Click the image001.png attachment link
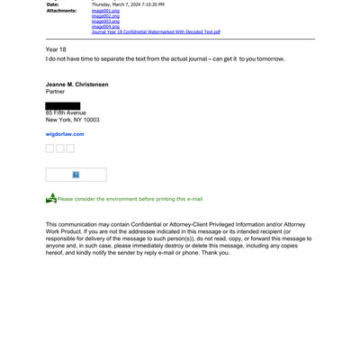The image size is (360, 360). point(103,11)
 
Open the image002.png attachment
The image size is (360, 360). point(103,16)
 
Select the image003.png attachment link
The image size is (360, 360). point(103,22)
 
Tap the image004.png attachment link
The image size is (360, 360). point(103,27)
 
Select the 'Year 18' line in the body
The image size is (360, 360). point(56,49)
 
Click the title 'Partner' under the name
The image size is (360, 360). point(55,90)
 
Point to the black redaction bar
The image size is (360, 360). point(63,106)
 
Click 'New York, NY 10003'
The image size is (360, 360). point(72,120)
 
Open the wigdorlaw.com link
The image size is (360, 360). point(65,133)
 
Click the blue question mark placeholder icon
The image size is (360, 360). point(76,175)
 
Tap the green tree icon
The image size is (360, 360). point(51,198)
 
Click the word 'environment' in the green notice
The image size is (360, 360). point(126,199)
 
